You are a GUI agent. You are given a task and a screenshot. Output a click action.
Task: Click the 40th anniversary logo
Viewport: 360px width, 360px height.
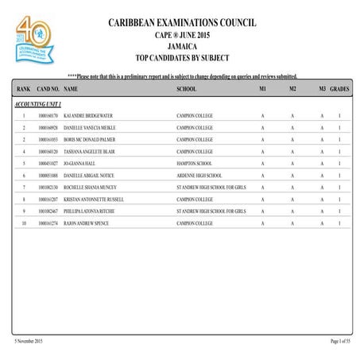[33, 40]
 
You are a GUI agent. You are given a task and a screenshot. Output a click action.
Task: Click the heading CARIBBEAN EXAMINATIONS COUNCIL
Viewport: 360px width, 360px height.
[182, 22]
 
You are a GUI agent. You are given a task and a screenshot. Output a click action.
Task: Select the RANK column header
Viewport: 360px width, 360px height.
[23, 90]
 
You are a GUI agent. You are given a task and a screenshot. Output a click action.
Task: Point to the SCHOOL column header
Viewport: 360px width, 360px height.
[186, 90]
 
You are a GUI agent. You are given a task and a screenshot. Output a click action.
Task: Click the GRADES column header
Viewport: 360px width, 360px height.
[339, 90]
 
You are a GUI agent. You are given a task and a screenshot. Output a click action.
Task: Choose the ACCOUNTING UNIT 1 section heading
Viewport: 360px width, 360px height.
[38, 104]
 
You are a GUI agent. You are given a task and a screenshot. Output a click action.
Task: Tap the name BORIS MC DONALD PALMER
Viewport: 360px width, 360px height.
[87, 140]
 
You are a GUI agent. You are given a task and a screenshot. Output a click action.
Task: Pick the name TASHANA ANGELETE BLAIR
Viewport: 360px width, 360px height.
[88, 151]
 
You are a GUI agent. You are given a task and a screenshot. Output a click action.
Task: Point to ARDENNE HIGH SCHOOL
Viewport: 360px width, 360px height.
[199, 175]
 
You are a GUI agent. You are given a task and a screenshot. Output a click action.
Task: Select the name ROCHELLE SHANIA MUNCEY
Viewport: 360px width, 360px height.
[90, 187]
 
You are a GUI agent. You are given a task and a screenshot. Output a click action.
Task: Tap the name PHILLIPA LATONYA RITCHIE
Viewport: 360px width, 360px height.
[91, 211]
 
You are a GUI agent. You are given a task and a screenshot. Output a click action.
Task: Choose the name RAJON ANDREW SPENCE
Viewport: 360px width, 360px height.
[86, 223]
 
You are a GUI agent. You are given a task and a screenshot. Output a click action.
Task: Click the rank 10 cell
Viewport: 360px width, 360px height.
[24, 223]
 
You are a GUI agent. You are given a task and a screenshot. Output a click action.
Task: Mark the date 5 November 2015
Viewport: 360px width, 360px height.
[29, 341]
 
